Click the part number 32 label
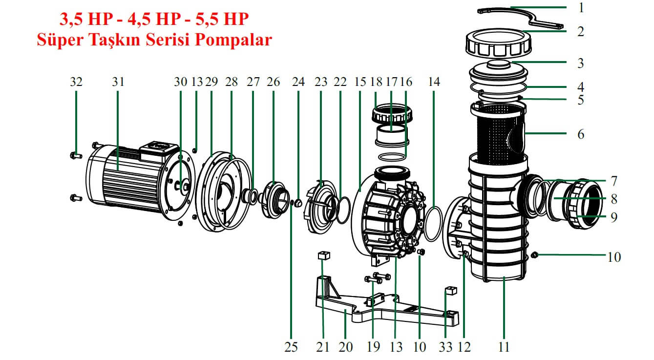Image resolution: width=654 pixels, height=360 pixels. [76, 82]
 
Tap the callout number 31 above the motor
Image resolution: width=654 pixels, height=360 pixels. [118, 82]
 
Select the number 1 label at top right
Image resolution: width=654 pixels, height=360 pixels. [580, 8]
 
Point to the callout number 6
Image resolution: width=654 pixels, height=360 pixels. [580, 134]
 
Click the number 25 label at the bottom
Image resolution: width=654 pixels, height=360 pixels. [291, 347]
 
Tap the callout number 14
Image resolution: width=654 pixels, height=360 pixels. [434, 82]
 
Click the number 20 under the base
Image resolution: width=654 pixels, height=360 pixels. [345, 347]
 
